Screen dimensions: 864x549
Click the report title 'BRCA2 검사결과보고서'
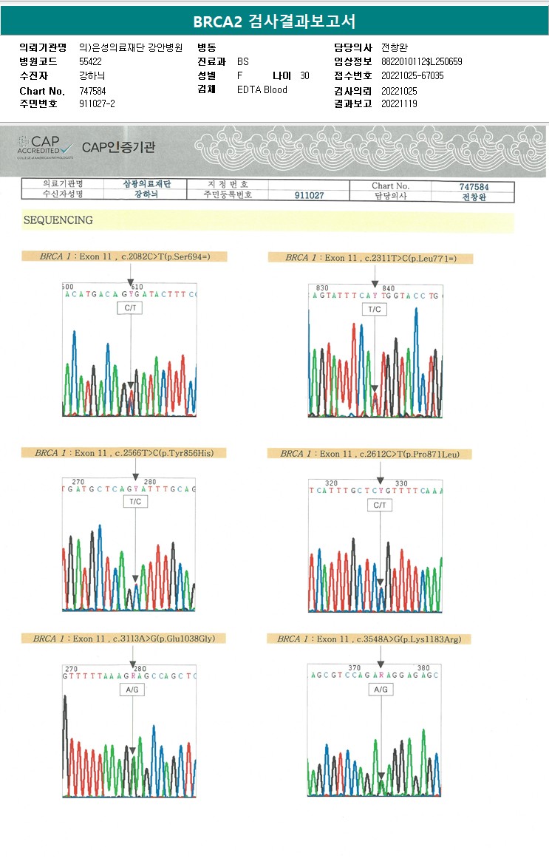click(274, 21)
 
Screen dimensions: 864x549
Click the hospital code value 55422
click(90, 61)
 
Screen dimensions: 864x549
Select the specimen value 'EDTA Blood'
click(262, 89)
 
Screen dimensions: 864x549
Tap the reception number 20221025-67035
click(412, 75)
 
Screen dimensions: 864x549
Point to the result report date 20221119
click(399, 103)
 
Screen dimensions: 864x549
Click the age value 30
click(304, 75)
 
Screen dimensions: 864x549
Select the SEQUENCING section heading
click(58, 220)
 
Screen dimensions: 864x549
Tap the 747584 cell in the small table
click(474, 187)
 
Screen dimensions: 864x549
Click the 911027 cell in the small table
click(309, 196)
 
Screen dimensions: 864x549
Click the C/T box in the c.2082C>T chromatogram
click(130, 307)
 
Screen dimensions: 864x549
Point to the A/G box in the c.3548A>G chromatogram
click(380, 689)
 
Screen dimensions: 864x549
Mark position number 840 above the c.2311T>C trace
click(389, 288)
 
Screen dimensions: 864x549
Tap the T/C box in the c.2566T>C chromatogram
click(135, 501)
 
